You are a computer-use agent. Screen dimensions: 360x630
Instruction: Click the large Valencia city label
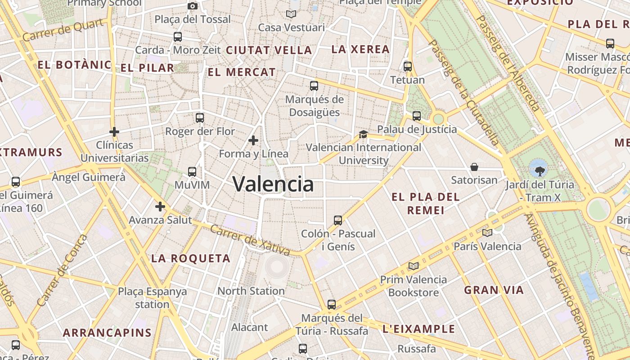coord(273,184)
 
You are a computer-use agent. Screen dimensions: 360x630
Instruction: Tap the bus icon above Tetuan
coord(408,67)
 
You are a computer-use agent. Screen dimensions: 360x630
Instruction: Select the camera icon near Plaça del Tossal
coord(193,6)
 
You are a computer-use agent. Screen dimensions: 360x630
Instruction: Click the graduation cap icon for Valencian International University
coord(363,134)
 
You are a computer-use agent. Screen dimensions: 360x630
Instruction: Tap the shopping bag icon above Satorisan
coord(474,167)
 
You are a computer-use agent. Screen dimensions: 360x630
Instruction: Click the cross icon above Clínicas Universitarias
coord(114,132)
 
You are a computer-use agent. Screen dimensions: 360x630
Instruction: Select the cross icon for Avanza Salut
coord(160,207)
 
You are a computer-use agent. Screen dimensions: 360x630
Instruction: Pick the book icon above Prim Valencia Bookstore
coord(414,266)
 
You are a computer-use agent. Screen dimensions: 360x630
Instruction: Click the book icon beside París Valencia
coord(487,233)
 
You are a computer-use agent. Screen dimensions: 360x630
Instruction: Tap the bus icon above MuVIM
coord(192,171)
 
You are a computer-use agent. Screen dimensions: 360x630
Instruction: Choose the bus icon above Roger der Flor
coord(200,118)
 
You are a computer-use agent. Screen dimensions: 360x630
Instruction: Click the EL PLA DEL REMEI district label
coord(425,203)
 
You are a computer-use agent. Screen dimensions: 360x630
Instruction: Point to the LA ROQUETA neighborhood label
coord(191,259)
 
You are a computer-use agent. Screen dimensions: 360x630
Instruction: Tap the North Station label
coord(251,291)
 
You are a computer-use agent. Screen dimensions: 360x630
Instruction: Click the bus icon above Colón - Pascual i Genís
coord(338,220)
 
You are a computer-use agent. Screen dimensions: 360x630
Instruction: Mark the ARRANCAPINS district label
coord(107,333)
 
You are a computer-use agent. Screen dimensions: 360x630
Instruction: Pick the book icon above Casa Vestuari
coord(291,14)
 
